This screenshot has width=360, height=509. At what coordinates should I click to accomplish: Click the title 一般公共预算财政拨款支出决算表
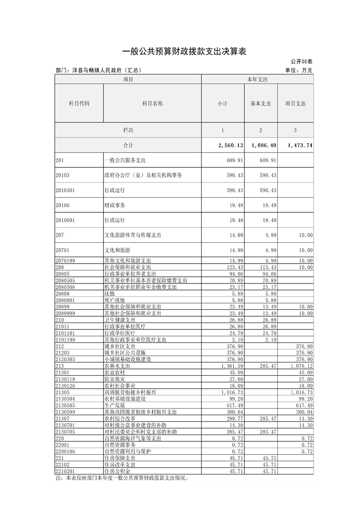pos(184,52)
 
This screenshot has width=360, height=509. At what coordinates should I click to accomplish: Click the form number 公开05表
pos(302,62)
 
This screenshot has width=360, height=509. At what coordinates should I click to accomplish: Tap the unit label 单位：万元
pos(299,70)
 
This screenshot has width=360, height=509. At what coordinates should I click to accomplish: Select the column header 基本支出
pos(261,103)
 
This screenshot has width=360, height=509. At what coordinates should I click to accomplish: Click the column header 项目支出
pos(295,103)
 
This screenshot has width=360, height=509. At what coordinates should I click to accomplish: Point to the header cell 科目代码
pos(79,103)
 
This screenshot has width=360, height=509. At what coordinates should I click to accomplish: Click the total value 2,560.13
pos(231,146)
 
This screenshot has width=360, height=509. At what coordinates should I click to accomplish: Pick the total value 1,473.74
pos(300,146)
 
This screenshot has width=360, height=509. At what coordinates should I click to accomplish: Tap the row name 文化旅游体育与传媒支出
pos(133,235)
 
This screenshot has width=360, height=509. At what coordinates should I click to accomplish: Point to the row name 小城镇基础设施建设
pos(128,359)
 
